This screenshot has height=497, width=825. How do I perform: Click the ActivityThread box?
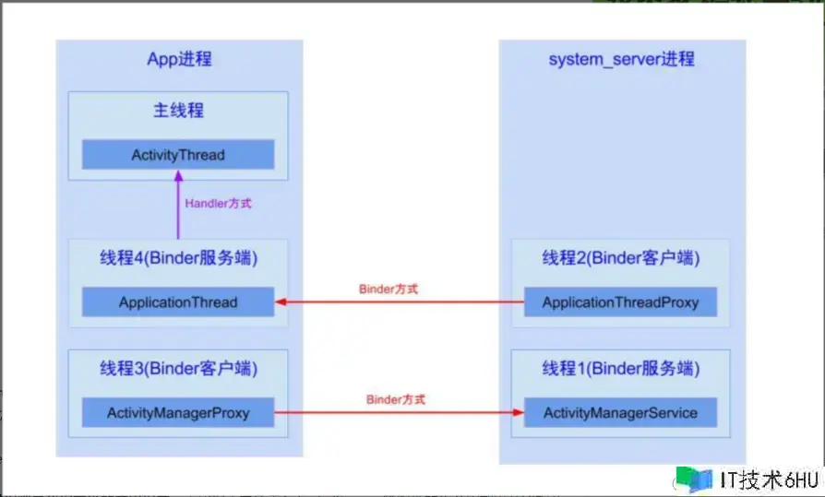tap(178, 154)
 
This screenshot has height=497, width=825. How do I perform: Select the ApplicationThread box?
tap(178, 302)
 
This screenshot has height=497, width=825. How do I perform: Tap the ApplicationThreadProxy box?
tap(620, 302)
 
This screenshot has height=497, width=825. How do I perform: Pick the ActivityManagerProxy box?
tap(178, 412)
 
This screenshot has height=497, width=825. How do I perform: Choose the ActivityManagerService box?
tap(620, 412)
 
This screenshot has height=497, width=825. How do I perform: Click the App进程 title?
tap(179, 59)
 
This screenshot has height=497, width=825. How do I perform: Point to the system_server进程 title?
tap(621, 59)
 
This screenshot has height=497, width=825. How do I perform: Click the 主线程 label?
tap(178, 111)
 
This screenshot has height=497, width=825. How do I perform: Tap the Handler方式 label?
tap(218, 204)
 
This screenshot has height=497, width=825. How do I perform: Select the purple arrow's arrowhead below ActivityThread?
tap(178, 176)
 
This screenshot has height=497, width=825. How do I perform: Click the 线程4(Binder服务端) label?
tap(178, 257)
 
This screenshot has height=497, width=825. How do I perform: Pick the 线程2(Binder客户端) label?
tap(621, 257)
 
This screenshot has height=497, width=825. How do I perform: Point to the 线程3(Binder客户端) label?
tap(178, 368)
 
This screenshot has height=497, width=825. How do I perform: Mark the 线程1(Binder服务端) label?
tap(621, 368)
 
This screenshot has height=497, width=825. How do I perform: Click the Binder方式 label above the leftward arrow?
tap(389, 289)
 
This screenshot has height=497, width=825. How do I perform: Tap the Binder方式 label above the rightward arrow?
tap(396, 399)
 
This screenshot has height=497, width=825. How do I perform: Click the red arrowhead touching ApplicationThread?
tap(281, 302)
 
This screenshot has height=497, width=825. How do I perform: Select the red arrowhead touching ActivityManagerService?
tap(519, 412)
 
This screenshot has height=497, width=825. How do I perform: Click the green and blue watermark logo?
tap(694, 479)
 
